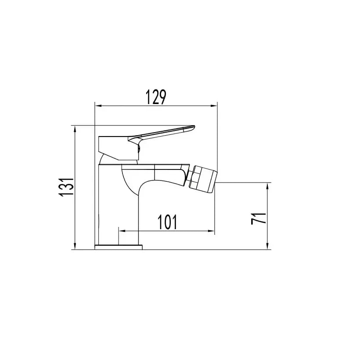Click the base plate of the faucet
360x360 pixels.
click(x=119, y=247)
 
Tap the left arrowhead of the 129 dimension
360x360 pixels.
click(x=98, y=106)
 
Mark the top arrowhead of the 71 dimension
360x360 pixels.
click(x=268, y=185)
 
